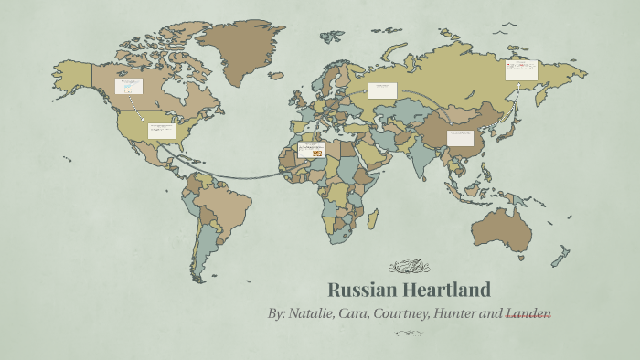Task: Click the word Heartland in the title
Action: pos(449,291)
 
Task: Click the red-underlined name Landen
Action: pos(528,314)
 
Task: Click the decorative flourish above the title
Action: pos(409,267)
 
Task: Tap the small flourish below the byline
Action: pos(409,334)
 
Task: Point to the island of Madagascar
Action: pos(372,218)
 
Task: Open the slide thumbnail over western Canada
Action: pos(128,87)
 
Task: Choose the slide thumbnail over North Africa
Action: pos(311,150)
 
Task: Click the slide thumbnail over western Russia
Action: pos(382,90)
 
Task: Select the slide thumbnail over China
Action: pos(460,138)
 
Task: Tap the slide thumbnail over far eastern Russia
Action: pos(521,70)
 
